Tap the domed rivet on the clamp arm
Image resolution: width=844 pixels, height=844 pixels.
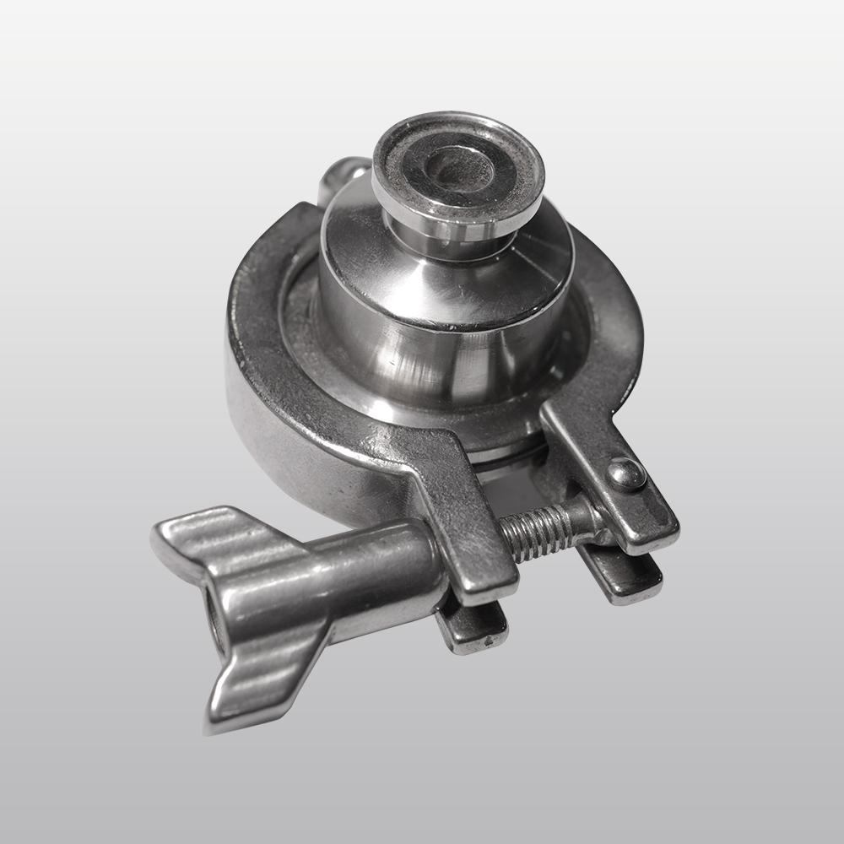click(x=626, y=473)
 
